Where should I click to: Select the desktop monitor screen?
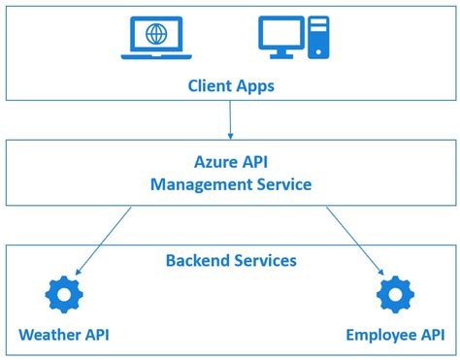(281, 33)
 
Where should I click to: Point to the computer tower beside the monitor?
(319, 38)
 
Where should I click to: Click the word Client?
(211, 85)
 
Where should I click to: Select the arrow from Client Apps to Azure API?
(230, 119)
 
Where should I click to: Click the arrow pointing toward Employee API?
(360, 240)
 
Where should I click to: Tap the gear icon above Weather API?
(63, 294)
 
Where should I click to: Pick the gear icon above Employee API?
(395, 294)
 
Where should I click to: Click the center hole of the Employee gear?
(395, 294)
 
